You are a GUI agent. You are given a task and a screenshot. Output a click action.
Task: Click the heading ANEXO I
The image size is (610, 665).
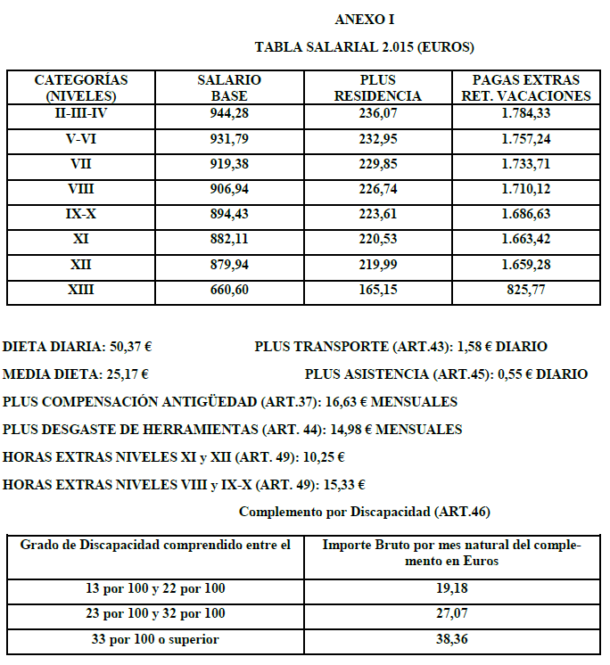coord(365,19)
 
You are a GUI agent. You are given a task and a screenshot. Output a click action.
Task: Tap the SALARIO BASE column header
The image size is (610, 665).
coord(229,87)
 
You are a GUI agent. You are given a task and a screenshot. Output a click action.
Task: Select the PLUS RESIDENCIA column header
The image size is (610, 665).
coord(377,87)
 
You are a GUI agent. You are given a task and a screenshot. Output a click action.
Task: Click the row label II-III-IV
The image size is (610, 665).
coord(82,113)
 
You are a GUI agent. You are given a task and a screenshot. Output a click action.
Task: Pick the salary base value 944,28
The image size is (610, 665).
coord(229,113)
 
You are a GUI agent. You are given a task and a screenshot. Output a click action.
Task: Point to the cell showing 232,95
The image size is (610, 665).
coord(377,139)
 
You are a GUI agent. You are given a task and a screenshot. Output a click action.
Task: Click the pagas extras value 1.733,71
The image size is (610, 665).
coord(524,164)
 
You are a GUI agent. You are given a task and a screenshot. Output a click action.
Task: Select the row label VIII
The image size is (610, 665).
coord(82,189)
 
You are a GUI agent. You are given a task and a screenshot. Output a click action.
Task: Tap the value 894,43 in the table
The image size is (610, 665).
coord(229,214)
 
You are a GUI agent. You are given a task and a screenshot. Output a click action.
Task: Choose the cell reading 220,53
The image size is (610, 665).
coord(377,240)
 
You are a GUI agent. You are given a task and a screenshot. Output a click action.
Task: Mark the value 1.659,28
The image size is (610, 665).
coord(524,265)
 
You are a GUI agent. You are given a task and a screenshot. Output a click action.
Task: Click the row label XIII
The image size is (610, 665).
coord(82,290)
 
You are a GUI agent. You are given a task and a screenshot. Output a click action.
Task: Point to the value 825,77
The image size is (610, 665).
coord(524,290)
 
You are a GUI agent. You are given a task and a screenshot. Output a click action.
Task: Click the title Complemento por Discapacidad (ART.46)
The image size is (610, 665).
coord(365,512)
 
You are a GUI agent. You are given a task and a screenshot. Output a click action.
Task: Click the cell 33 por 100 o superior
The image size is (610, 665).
coord(156,639)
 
